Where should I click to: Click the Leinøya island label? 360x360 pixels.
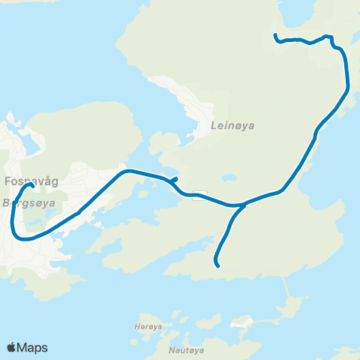234,126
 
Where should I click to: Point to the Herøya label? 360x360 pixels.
142,316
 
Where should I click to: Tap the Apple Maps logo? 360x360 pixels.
27,347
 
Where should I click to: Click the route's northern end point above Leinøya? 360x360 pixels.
275,35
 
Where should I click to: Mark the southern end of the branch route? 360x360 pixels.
217,265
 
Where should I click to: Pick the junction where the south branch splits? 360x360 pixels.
244,204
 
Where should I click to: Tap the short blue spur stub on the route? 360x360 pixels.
173,179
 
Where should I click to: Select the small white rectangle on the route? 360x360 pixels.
199,196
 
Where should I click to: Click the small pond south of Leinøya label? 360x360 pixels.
229,178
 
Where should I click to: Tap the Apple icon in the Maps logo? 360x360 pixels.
12,347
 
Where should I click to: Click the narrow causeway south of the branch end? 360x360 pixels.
286,286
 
